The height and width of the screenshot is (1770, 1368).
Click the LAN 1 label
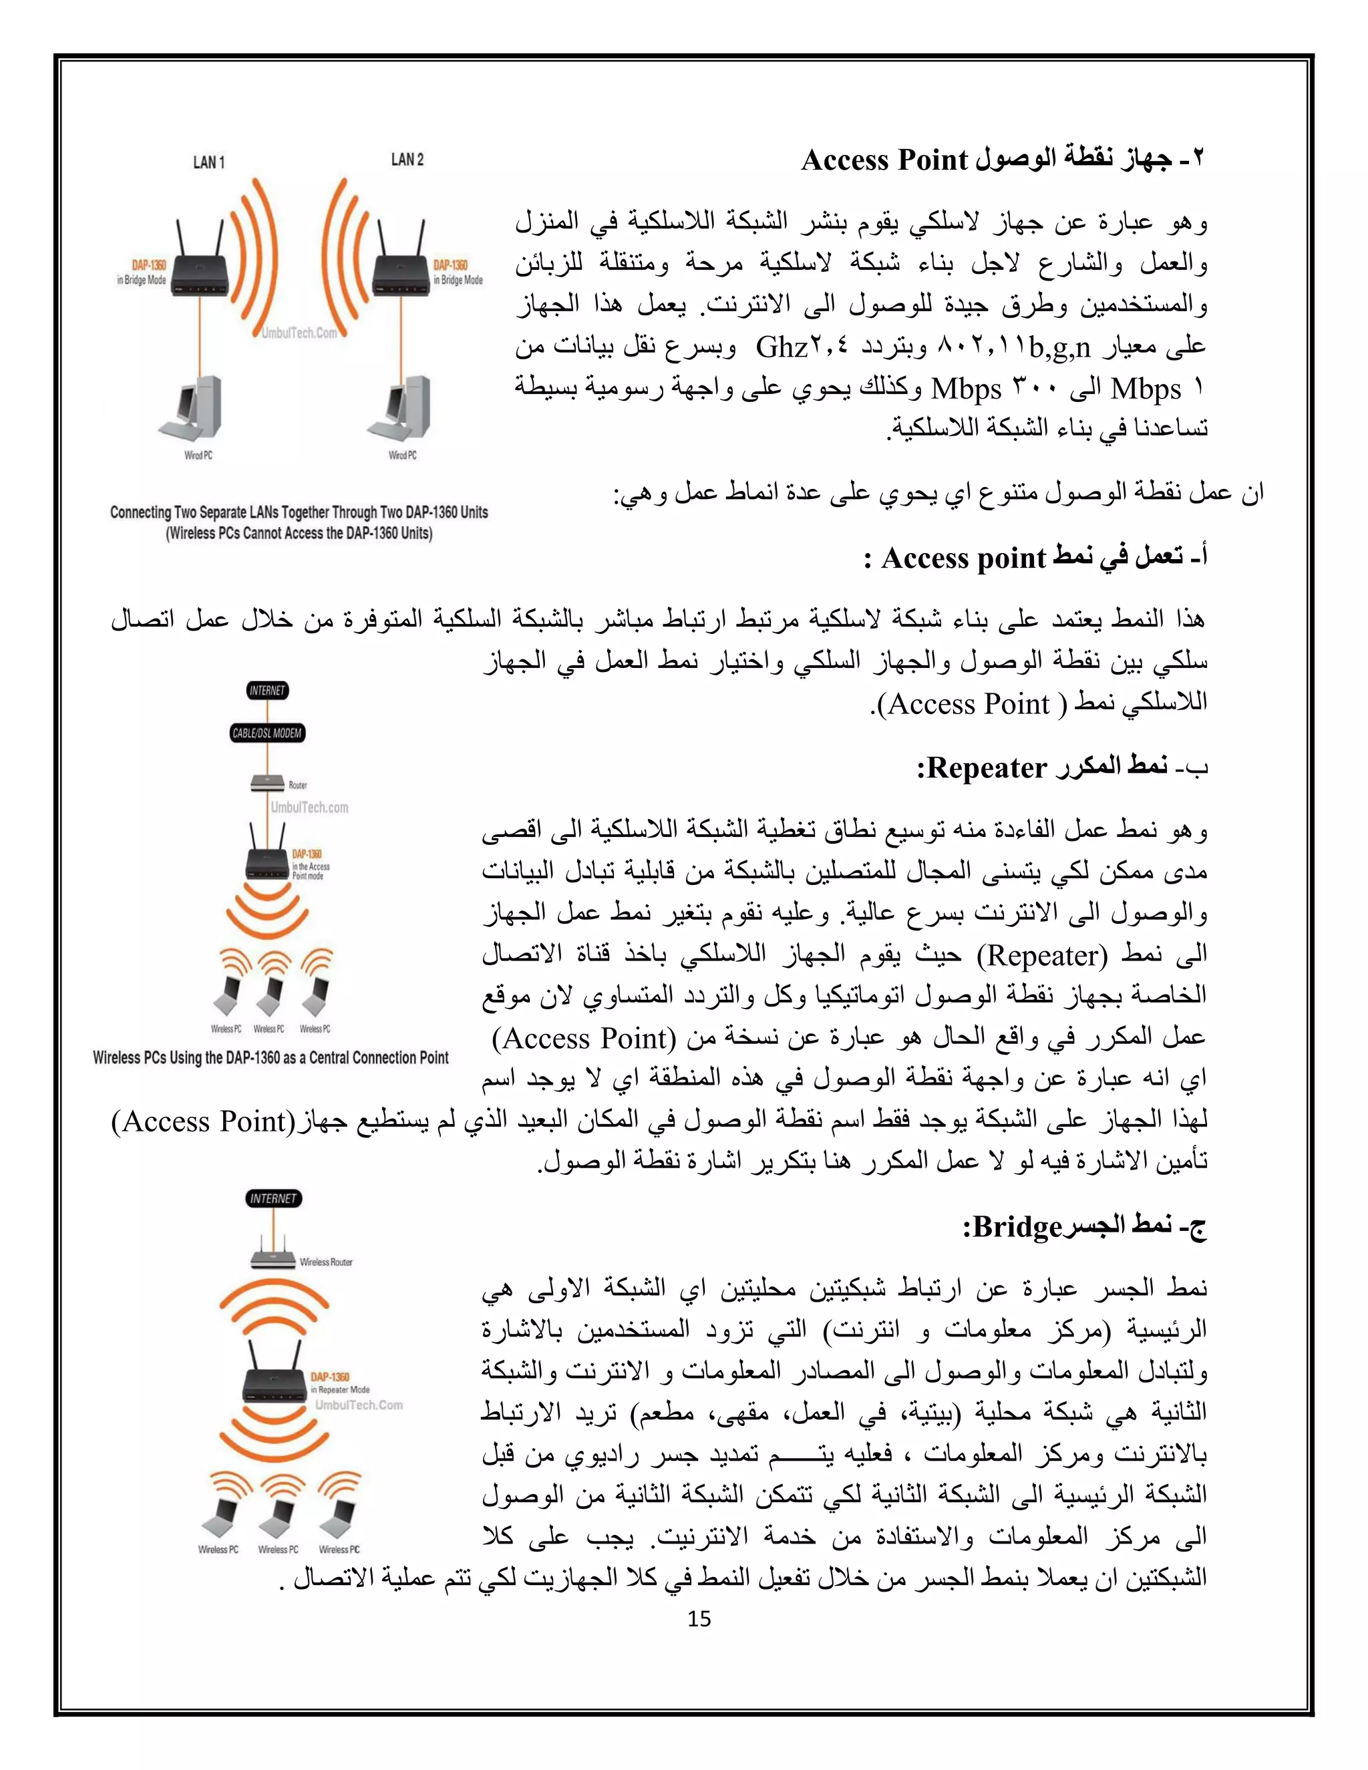click(208, 162)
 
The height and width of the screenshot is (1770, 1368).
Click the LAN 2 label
click(407, 160)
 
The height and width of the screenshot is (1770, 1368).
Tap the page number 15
click(699, 1618)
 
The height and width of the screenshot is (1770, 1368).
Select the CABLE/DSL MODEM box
click(267, 733)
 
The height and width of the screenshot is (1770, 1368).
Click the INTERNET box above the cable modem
click(267, 691)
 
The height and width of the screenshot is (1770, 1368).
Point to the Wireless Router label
click(326, 1262)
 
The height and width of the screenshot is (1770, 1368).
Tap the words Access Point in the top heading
click(884, 160)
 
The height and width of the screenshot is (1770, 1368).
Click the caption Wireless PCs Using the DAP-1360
click(270, 1057)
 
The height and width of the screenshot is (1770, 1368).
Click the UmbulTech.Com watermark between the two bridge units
click(299, 332)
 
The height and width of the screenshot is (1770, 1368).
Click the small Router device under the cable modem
click(267, 783)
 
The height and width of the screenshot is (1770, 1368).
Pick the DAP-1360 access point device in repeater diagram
click(273, 1378)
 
